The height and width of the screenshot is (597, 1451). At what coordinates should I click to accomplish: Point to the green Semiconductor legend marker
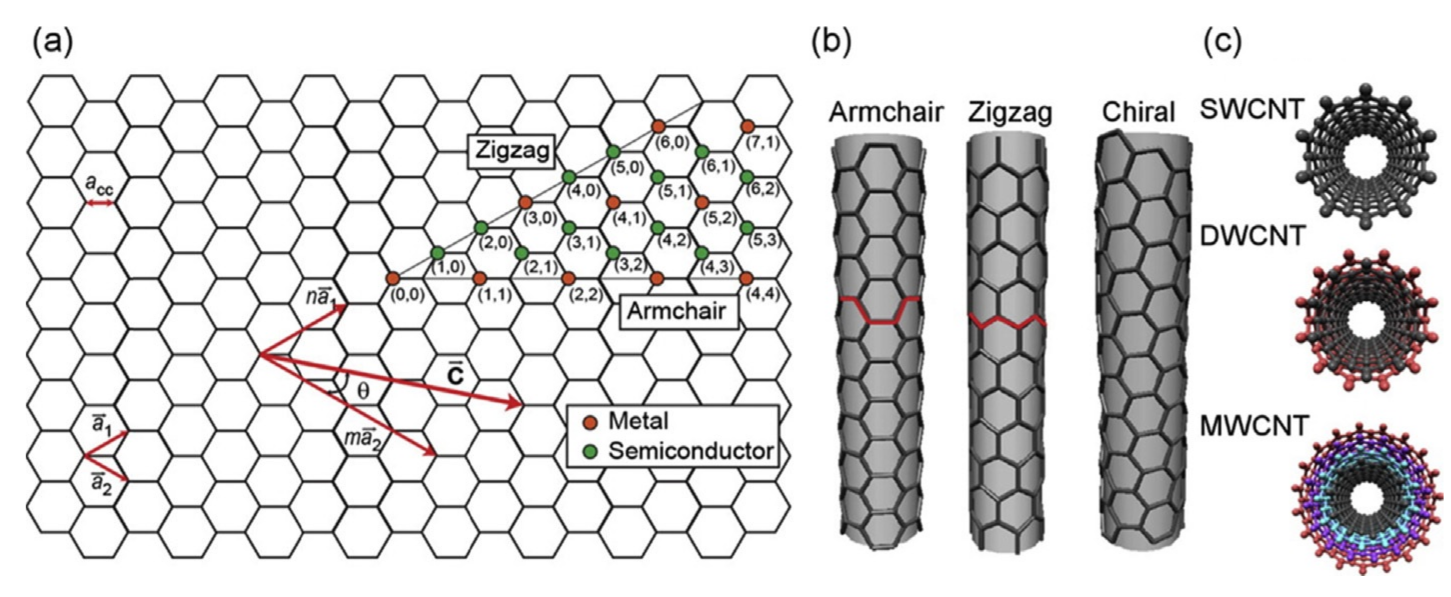tap(590, 451)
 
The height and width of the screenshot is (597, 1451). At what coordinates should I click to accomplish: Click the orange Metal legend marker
tap(590, 422)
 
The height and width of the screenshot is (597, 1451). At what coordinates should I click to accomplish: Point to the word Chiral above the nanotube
tap(1138, 112)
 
